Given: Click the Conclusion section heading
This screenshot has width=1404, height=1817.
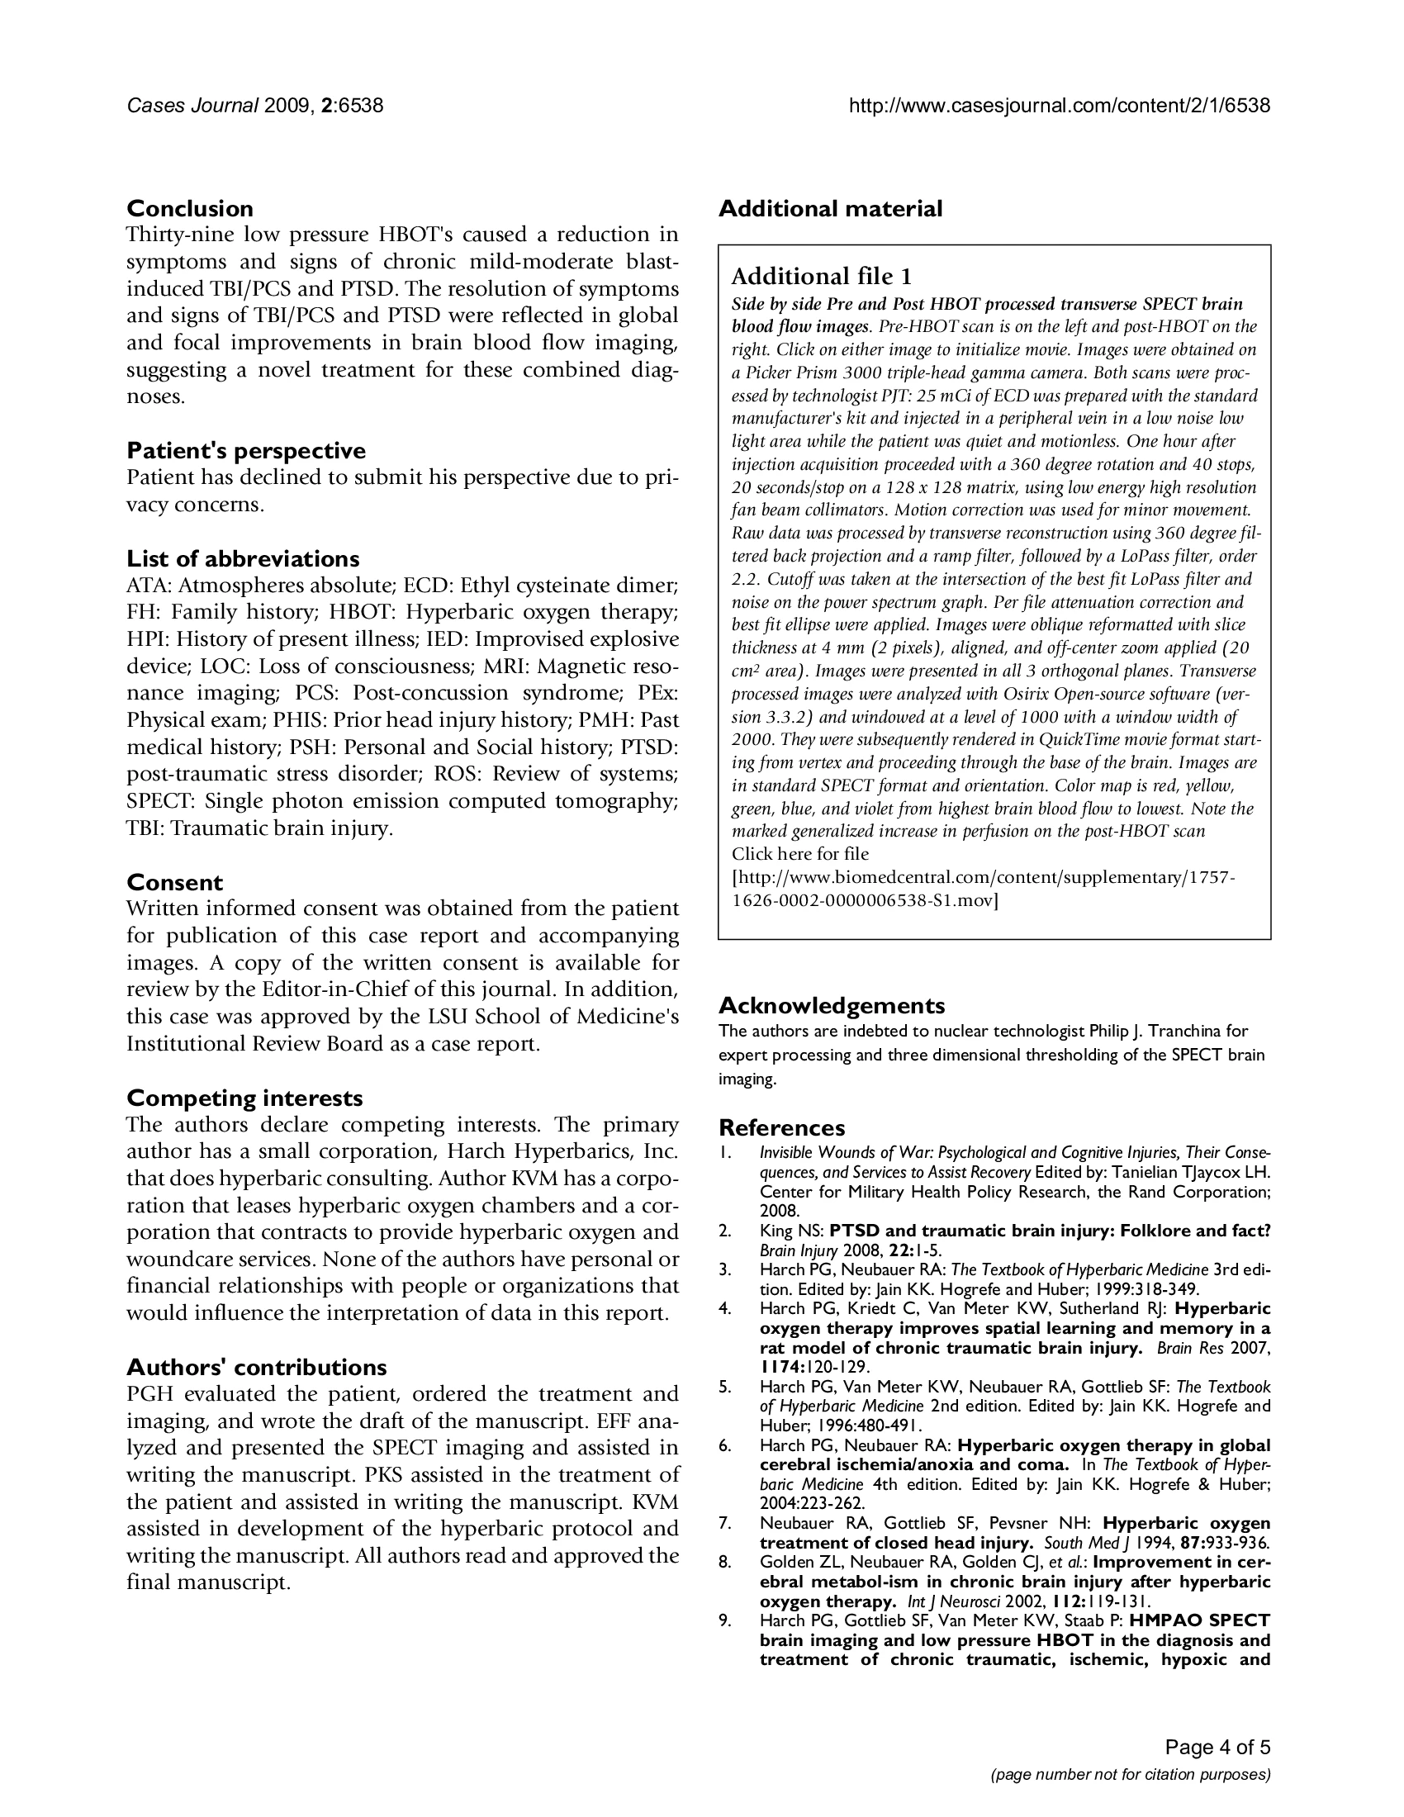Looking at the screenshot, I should pyautogui.click(x=190, y=208).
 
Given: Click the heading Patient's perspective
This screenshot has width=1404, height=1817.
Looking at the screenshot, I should pyautogui.click(x=245, y=451).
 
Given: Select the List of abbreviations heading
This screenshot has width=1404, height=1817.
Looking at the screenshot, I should pyautogui.click(x=243, y=558).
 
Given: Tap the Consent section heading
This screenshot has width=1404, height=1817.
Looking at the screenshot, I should pyautogui.click(x=174, y=882).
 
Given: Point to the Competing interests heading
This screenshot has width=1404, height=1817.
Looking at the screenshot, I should pyautogui.click(x=244, y=1098).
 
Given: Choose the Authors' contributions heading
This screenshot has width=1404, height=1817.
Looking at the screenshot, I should pyautogui.click(x=256, y=1368).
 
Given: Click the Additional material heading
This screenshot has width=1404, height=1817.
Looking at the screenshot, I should pyautogui.click(x=830, y=208).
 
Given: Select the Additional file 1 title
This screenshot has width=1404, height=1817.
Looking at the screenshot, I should pyautogui.click(x=821, y=276).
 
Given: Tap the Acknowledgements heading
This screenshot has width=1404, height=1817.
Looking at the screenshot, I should pyautogui.click(x=832, y=1006).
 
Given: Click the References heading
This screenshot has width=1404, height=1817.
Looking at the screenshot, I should pyautogui.click(x=782, y=1127).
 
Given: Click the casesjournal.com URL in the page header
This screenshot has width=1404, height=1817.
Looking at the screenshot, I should pyautogui.click(x=1059, y=106).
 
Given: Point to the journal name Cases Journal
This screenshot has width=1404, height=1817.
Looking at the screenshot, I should pyautogui.click(x=192, y=106).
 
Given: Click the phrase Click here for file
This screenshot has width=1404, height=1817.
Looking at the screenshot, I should pyautogui.click(x=800, y=854).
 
